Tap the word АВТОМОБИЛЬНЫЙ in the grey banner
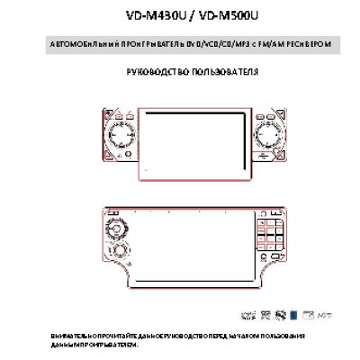[74, 44]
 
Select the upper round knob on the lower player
[114, 226]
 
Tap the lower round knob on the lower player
[117, 251]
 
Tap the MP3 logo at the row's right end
[324, 317]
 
